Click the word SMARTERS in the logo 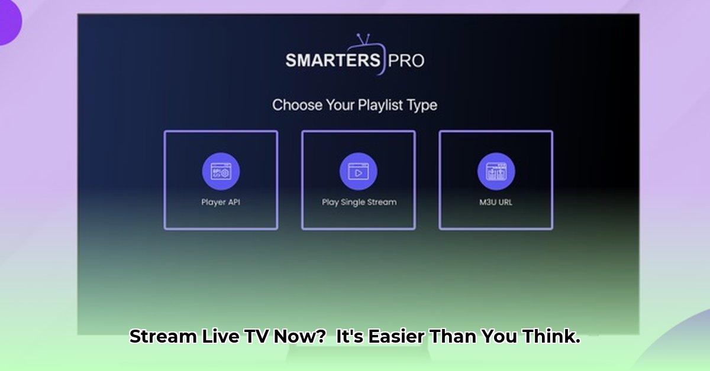click(x=333, y=60)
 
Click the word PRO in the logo click(x=406, y=60)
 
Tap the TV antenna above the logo click(x=363, y=39)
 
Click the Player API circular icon click(x=221, y=171)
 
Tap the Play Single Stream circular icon click(x=359, y=171)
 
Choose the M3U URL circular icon click(x=496, y=171)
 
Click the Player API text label click(x=221, y=202)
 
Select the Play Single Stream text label click(x=359, y=202)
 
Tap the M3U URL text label click(x=496, y=202)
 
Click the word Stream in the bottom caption click(x=163, y=336)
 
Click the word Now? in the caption click(x=299, y=336)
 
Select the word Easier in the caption click(x=396, y=336)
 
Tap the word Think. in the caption click(x=551, y=336)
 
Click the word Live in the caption click(x=220, y=336)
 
